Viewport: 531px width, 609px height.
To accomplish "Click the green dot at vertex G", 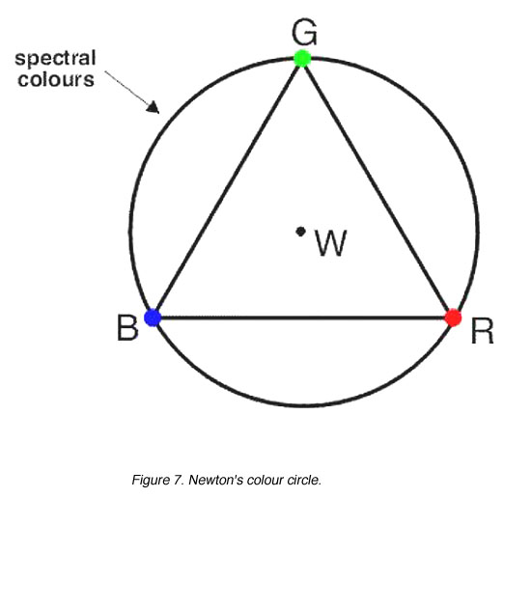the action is tap(302, 58).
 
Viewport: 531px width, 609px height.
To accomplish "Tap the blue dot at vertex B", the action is tap(153, 318).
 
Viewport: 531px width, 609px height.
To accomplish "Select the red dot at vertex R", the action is tap(453, 318).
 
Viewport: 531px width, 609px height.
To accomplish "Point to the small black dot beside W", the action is tap(300, 232).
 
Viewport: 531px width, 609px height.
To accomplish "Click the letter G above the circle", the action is tap(304, 32).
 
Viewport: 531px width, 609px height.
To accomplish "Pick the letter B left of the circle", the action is tap(127, 327).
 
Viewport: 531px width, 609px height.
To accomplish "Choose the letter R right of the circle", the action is tap(482, 330).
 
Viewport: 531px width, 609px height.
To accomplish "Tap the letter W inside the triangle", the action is tap(330, 242).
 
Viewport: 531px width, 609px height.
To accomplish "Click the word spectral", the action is tap(55, 59).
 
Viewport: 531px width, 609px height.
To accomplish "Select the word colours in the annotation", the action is tap(56, 79).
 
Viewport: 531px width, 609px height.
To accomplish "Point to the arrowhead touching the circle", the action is tap(154, 107).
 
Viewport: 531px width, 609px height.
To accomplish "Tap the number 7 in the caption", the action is tap(178, 480).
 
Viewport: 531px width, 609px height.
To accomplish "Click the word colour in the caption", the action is tap(265, 480).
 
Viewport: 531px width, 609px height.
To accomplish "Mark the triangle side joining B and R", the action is tap(303, 318).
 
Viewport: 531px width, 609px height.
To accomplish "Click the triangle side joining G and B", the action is tap(227, 189).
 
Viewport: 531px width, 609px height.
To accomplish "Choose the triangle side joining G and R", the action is tap(377, 188).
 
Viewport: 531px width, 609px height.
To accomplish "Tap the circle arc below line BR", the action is tap(304, 404).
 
